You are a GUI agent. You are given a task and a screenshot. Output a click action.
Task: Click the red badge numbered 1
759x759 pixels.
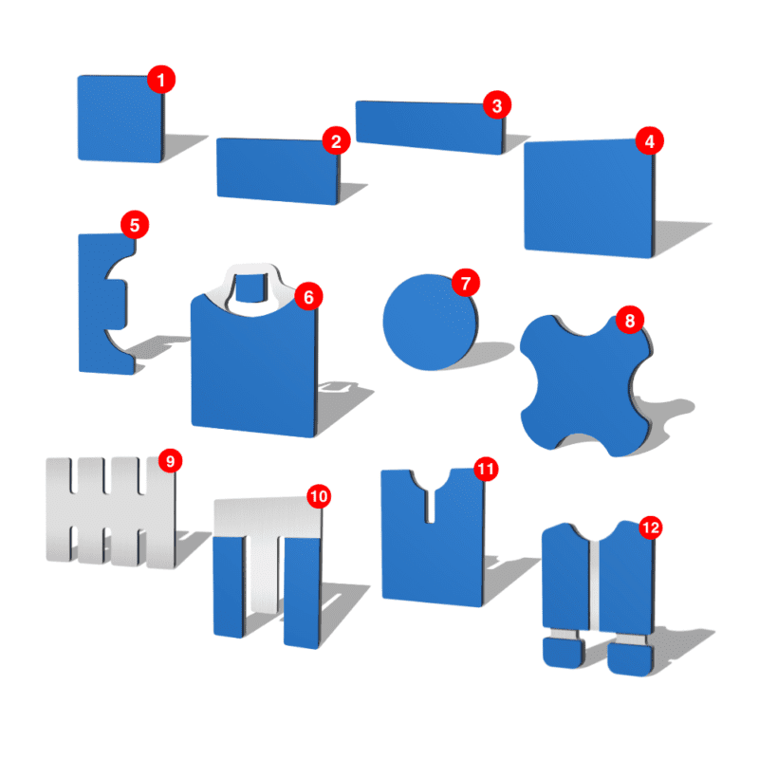(x=161, y=80)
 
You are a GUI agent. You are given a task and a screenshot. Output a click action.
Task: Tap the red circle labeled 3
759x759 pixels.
(x=497, y=105)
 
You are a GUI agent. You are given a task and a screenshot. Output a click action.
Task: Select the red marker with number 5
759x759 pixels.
(x=135, y=225)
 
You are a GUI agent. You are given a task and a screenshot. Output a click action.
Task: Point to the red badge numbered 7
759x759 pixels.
(x=466, y=283)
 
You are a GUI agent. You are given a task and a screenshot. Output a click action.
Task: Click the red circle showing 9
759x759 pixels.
(x=171, y=461)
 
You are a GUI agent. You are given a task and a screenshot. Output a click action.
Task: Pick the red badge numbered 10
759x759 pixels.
(x=319, y=496)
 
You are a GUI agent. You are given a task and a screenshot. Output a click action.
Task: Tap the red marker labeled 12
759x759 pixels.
(x=651, y=528)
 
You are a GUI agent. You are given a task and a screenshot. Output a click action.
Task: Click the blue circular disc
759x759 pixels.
(x=430, y=323)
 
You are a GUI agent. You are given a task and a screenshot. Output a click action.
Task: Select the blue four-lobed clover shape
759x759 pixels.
(x=585, y=386)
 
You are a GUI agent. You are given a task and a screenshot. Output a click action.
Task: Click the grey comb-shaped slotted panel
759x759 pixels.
(x=110, y=513)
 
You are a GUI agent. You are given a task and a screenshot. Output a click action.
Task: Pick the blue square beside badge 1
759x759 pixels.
(x=120, y=119)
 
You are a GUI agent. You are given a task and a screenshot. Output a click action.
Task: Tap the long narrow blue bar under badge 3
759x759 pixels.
(x=430, y=127)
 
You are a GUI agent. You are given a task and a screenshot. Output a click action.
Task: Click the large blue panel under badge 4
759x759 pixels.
(x=589, y=198)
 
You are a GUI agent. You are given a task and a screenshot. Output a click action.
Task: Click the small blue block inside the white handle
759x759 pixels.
(x=251, y=287)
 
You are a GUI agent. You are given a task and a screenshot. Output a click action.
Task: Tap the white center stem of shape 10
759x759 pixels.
(x=264, y=575)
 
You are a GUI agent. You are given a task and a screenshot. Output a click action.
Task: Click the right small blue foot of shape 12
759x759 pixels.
(x=630, y=658)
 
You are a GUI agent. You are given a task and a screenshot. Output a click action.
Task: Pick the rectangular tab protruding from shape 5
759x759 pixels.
(x=115, y=305)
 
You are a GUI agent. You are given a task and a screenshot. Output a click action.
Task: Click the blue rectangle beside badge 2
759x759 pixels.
(x=278, y=171)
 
